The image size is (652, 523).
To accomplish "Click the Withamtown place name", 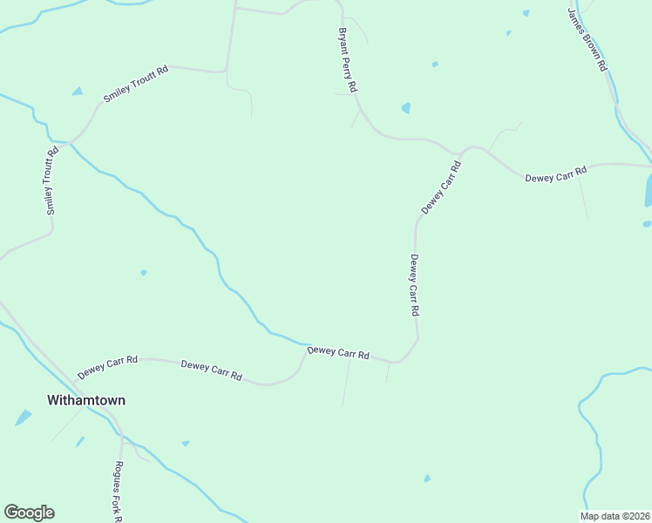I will (x=85, y=401).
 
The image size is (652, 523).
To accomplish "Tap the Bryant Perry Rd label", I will (x=348, y=60).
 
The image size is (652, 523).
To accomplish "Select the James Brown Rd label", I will (x=587, y=39).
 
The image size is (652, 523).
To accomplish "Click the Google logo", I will (x=29, y=513).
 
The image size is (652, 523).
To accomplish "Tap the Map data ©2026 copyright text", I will (x=615, y=516).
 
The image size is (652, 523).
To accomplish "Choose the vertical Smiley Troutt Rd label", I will (x=51, y=181).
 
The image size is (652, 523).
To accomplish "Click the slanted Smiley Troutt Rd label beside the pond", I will (x=135, y=84).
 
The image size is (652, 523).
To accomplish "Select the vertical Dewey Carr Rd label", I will (x=415, y=285).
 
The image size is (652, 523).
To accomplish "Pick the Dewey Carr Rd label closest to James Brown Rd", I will (x=555, y=173).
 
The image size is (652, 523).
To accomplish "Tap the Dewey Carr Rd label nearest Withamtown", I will (x=107, y=366).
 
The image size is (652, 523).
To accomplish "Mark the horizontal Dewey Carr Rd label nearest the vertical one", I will (x=338, y=352).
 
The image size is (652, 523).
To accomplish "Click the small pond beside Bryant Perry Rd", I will (x=405, y=108).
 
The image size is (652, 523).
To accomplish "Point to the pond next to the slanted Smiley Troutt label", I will (x=78, y=91).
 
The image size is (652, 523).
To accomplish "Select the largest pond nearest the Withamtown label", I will (x=23, y=418).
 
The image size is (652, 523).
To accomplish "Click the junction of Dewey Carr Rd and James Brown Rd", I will (x=649, y=164).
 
